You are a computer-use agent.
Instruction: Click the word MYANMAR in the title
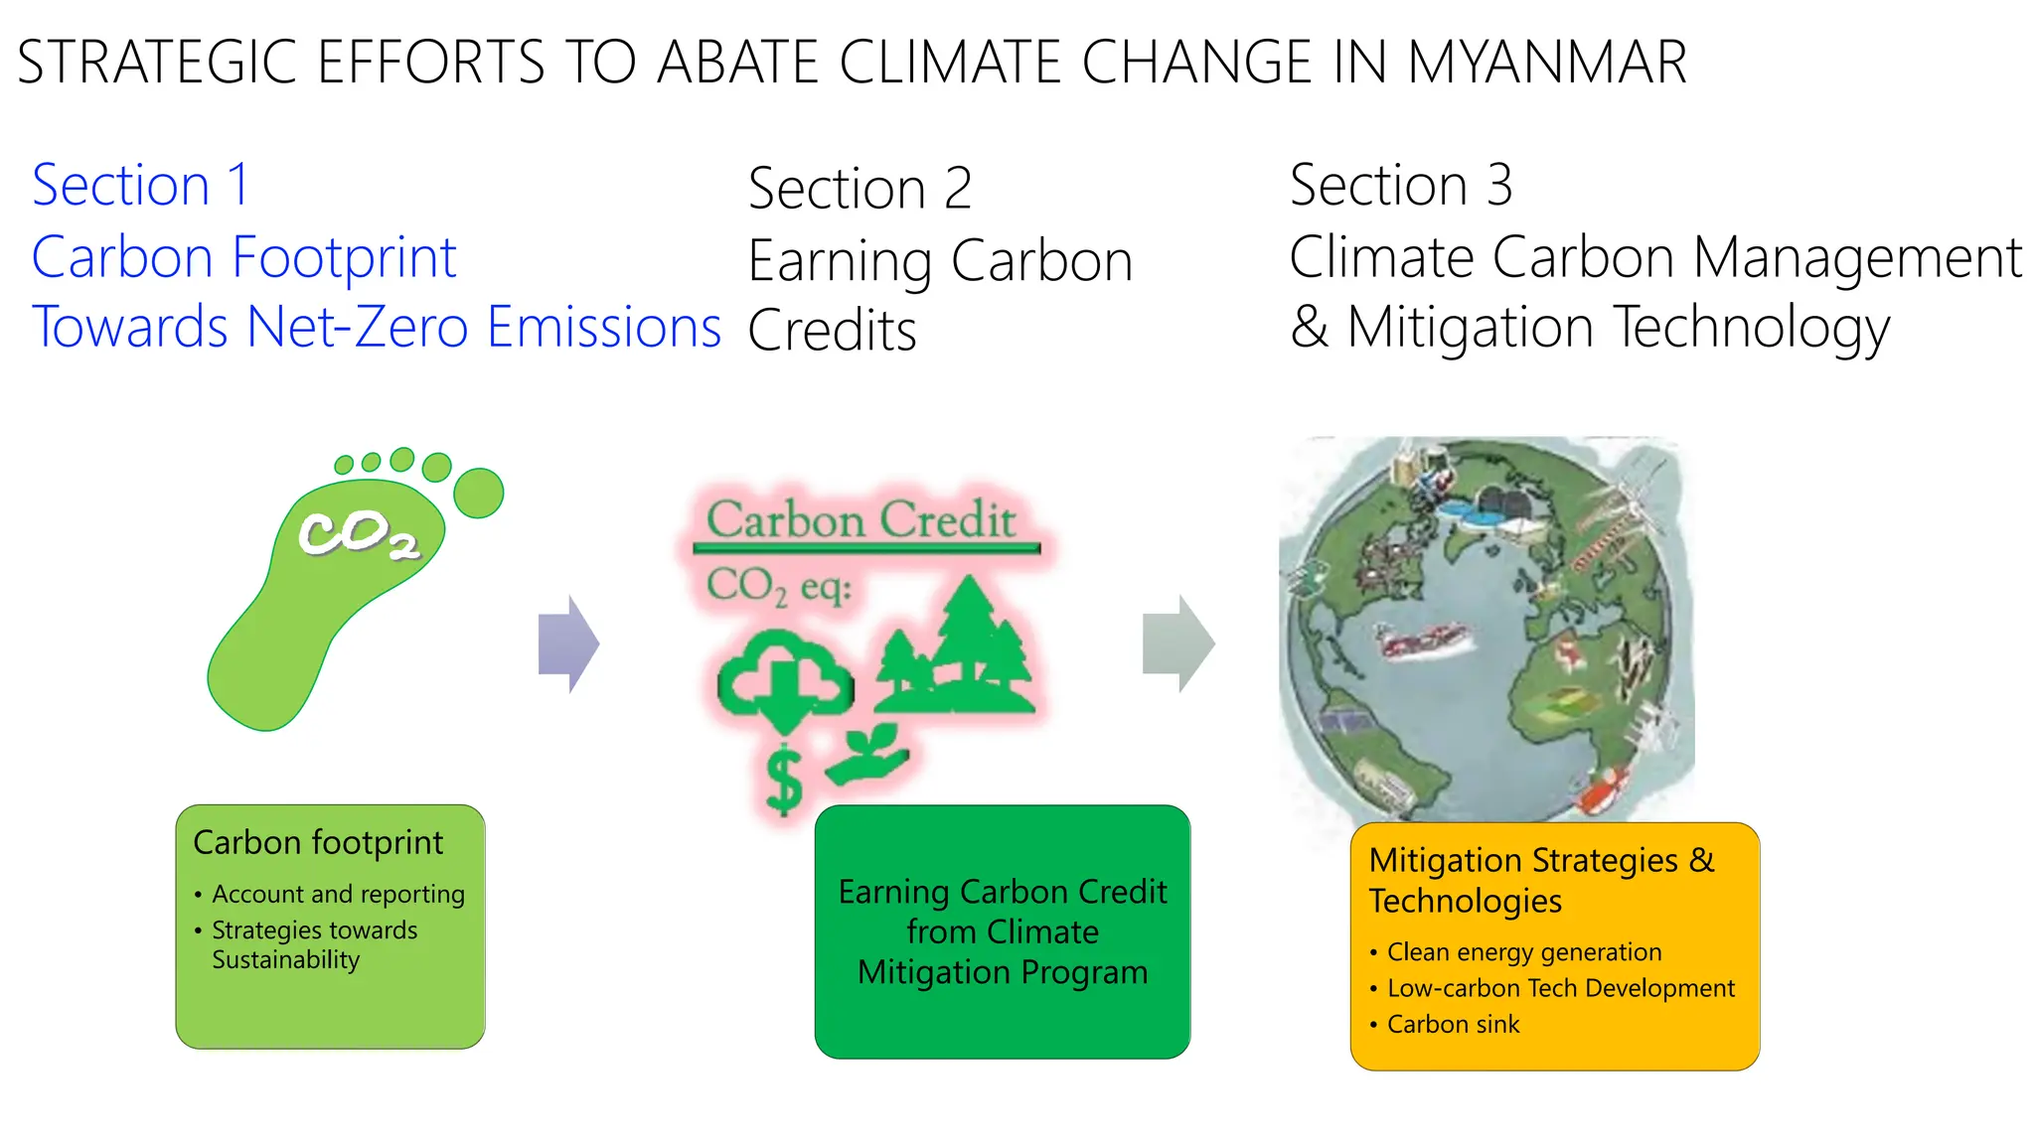[x=1546, y=62]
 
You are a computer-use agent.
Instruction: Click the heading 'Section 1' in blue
[x=140, y=185]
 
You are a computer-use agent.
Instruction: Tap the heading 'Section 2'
[x=860, y=188]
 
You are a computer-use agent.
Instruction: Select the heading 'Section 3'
[x=1401, y=185]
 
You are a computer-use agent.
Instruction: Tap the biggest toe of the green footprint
[x=479, y=493]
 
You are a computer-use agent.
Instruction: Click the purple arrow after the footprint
[x=568, y=643]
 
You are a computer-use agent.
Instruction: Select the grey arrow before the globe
[x=1178, y=643]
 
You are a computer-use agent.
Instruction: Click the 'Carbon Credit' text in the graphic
[x=861, y=519]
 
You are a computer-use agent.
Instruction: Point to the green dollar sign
[x=784, y=781]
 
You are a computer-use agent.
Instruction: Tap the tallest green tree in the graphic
[x=969, y=636]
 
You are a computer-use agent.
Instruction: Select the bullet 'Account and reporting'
[x=338, y=894]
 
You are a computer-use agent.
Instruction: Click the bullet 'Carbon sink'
[x=1453, y=1024]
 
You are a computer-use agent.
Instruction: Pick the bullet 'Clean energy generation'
[x=1523, y=951]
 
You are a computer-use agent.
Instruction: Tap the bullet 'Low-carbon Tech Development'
[x=1560, y=988]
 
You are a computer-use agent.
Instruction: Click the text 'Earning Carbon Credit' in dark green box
[x=1002, y=892]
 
